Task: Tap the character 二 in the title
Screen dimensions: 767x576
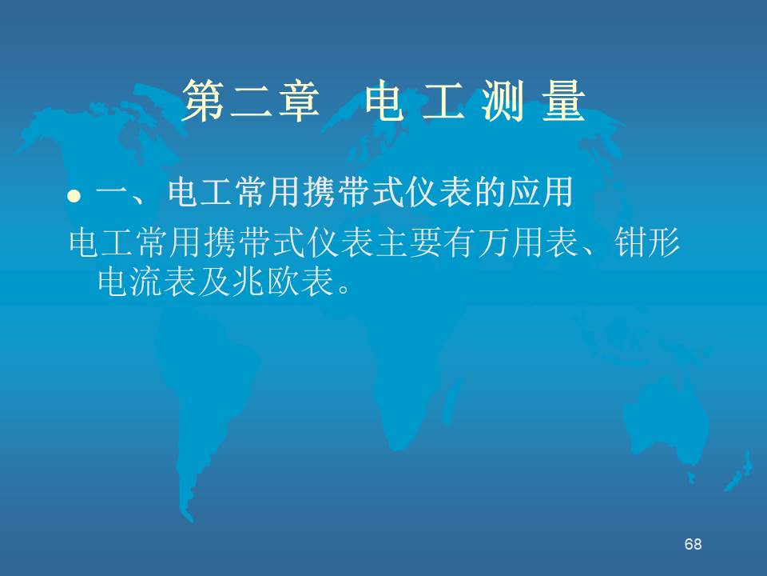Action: coord(251,102)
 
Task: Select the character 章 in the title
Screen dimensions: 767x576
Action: coord(298,101)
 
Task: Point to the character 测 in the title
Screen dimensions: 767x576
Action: coord(502,101)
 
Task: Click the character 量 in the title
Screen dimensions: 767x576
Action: coord(563,101)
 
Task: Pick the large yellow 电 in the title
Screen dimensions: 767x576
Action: coord(384,101)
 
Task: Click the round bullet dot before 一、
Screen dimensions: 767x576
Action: coord(74,197)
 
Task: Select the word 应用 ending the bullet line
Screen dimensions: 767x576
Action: coord(540,192)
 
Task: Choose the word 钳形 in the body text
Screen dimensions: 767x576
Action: coord(646,242)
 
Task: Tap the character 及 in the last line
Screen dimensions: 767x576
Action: coord(215,282)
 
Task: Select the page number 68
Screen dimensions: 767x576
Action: coord(693,544)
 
